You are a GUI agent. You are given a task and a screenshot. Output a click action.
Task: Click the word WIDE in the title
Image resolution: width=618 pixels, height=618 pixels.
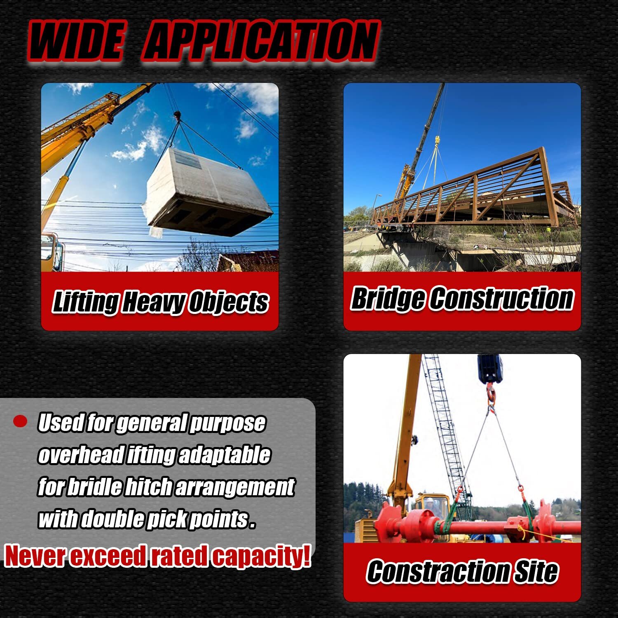(x=77, y=41)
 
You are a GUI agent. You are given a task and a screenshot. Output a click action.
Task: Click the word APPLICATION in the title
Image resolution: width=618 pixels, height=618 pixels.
(x=260, y=41)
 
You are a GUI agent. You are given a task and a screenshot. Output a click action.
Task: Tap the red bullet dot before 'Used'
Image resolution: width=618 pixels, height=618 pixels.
(x=20, y=421)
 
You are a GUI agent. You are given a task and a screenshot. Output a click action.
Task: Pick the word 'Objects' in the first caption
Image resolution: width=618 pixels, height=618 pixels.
(x=229, y=302)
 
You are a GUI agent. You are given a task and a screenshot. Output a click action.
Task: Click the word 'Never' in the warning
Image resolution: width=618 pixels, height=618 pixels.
(x=35, y=556)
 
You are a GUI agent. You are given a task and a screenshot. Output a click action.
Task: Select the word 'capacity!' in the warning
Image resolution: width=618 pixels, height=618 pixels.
(x=261, y=557)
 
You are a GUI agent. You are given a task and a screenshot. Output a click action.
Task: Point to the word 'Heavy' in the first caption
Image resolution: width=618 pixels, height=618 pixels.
(x=154, y=302)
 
